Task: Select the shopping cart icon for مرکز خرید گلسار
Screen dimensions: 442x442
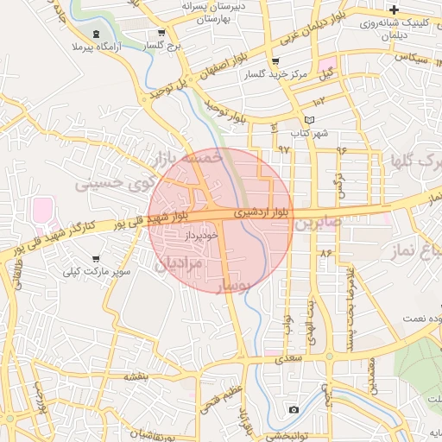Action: (x=275, y=61)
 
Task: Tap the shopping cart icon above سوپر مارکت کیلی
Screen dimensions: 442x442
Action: (x=96, y=258)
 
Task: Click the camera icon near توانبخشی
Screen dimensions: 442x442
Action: (x=294, y=409)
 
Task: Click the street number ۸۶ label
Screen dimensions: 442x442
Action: (x=325, y=253)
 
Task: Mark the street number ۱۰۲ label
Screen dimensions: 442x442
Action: (x=320, y=102)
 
